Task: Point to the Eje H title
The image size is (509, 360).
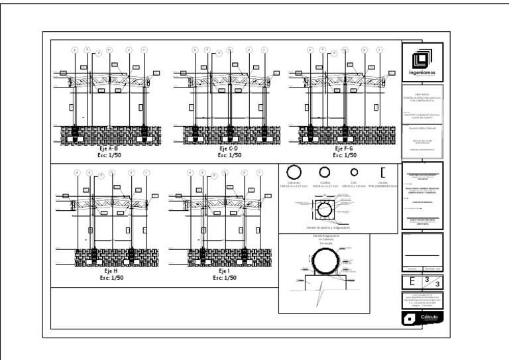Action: click(x=111, y=271)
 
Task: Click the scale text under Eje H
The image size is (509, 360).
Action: click(x=111, y=278)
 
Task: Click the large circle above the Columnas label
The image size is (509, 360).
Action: click(x=294, y=172)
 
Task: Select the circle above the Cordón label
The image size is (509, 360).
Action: click(x=325, y=172)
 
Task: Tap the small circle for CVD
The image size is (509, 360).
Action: click(x=354, y=172)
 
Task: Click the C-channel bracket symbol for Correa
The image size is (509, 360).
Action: click(x=383, y=172)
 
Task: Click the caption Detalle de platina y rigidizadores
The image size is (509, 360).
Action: click(x=324, y=227)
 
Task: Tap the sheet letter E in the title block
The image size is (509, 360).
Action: click(x=413, y=281)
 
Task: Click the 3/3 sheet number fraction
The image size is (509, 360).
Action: click(x=431, y=281)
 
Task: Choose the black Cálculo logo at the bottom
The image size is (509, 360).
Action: click(x=422, y=319)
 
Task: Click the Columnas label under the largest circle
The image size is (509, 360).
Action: click(x=294, y=183)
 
